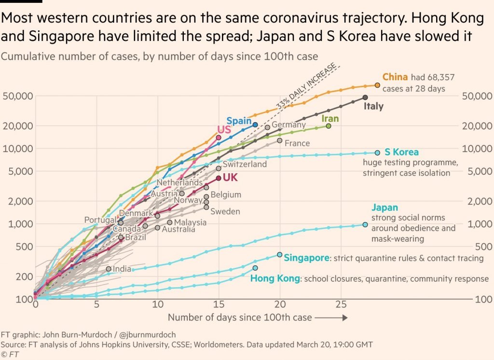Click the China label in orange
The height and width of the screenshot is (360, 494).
pos(395,77)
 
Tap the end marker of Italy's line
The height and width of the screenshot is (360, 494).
pos(365,97)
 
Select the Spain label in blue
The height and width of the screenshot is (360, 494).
pos(239,121)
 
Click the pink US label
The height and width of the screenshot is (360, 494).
pos(224,130)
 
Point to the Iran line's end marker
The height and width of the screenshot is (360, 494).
pos(329,126)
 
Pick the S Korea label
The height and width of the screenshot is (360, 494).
pos(401,152)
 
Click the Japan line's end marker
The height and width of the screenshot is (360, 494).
pos(365,224)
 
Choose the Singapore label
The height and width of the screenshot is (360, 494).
pos(306,258)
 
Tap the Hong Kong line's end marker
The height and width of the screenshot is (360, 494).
pos(255,268)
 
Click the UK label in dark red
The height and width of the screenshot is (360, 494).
pos(230,178)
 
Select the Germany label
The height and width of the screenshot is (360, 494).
pos(288,125)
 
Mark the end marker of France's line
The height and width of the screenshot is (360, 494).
pos(280,140)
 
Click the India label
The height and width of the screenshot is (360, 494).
pos(122,269)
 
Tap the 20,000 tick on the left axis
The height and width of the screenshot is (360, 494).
pos(18,126)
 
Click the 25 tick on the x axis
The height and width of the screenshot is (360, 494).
pos(341,305)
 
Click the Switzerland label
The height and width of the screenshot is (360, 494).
pos(245,164)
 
